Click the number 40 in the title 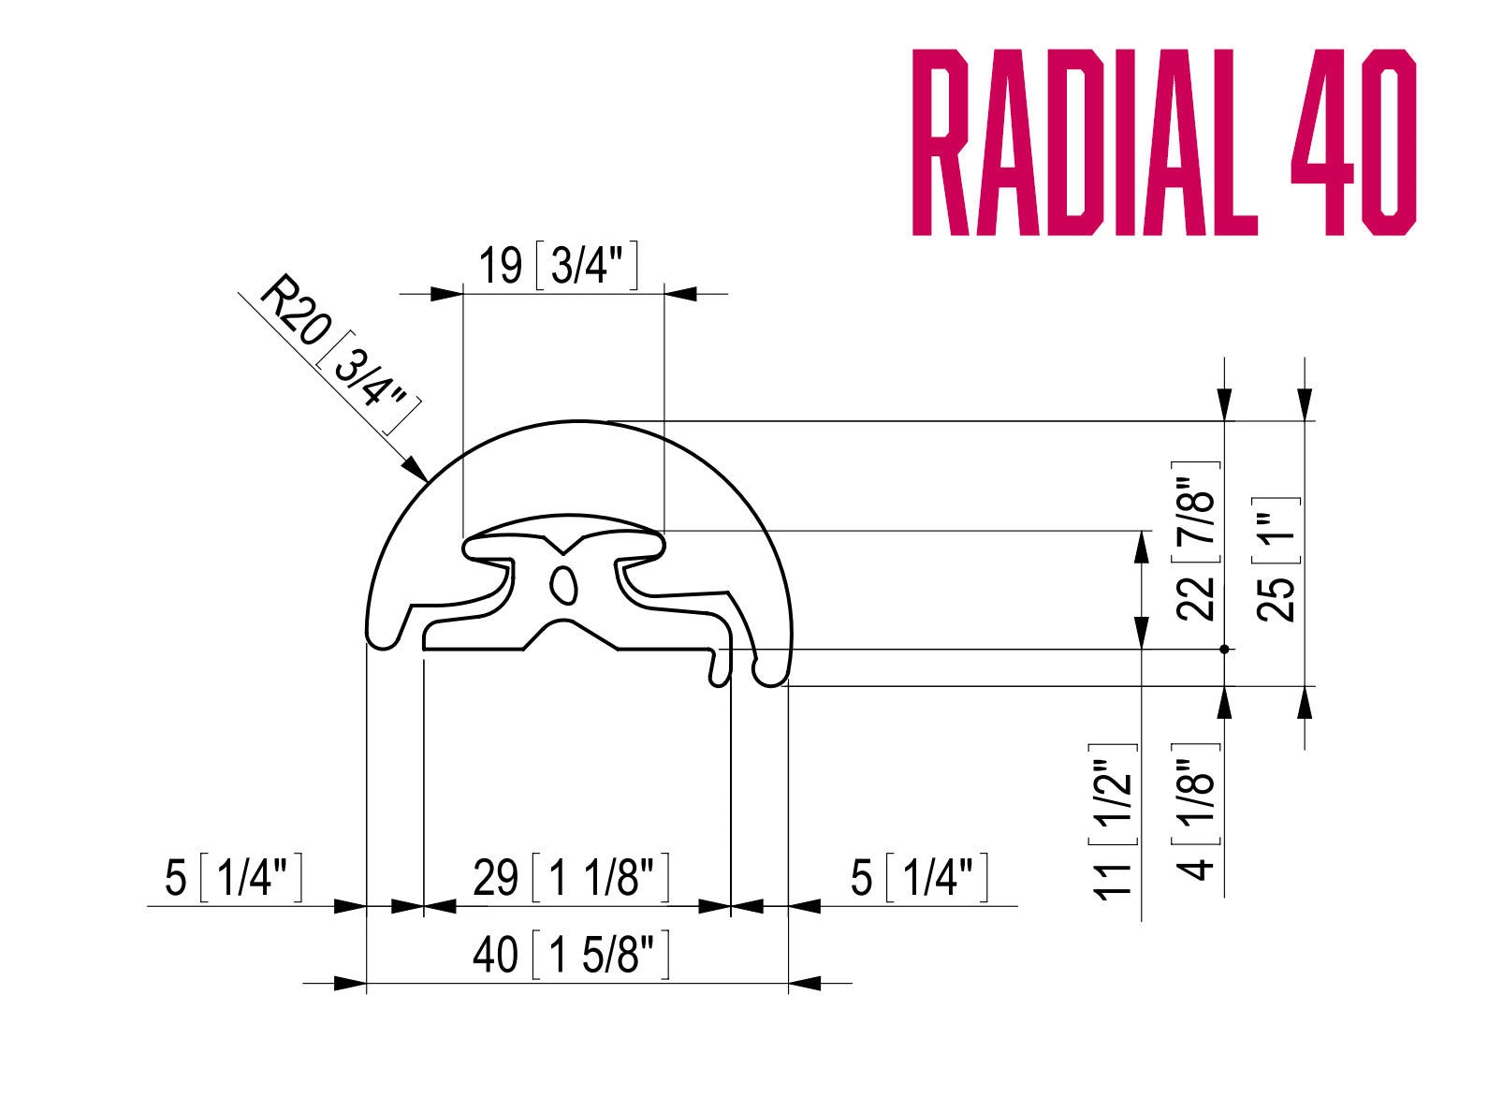pos(1353,142)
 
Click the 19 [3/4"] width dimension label pos(558,265)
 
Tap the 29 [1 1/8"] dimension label pos(571,878)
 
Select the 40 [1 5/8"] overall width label pos(571,955)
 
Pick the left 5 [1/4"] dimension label pos(233,878)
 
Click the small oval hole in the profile pos(562,583)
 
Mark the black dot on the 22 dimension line pos(1224,649)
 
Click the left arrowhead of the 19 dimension pos(447,294)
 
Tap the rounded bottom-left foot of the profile pos(382,638)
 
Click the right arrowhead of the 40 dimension pos(804,984)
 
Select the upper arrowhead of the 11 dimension pos(1141,547)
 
